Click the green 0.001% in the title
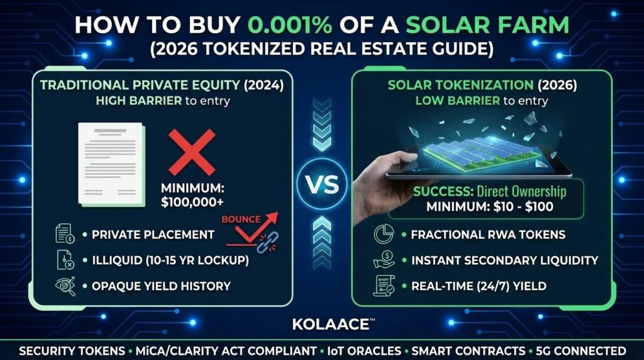click(x=290, y=25)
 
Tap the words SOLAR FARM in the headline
click(x=487, y=25)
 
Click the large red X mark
click(x=192, y=152)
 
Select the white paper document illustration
click(x=111, y=164)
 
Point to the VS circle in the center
click(x=322, y=184)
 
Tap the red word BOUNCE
click(x=241, y=220)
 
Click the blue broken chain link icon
click(x=267, y=242)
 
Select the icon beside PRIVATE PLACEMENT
click(x=65, y=234)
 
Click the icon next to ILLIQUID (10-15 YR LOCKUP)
click(x=65, y=260)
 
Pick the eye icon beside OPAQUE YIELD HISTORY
click(x=65, y=286)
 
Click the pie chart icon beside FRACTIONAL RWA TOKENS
click(x=384, y=234)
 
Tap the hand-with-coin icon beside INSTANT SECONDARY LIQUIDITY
click(x=384, y=260)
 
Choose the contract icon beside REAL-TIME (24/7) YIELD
click(x=384, y=286)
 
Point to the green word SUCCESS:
click(x=443, y=192)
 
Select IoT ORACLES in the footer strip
click(x=364, y=351)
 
